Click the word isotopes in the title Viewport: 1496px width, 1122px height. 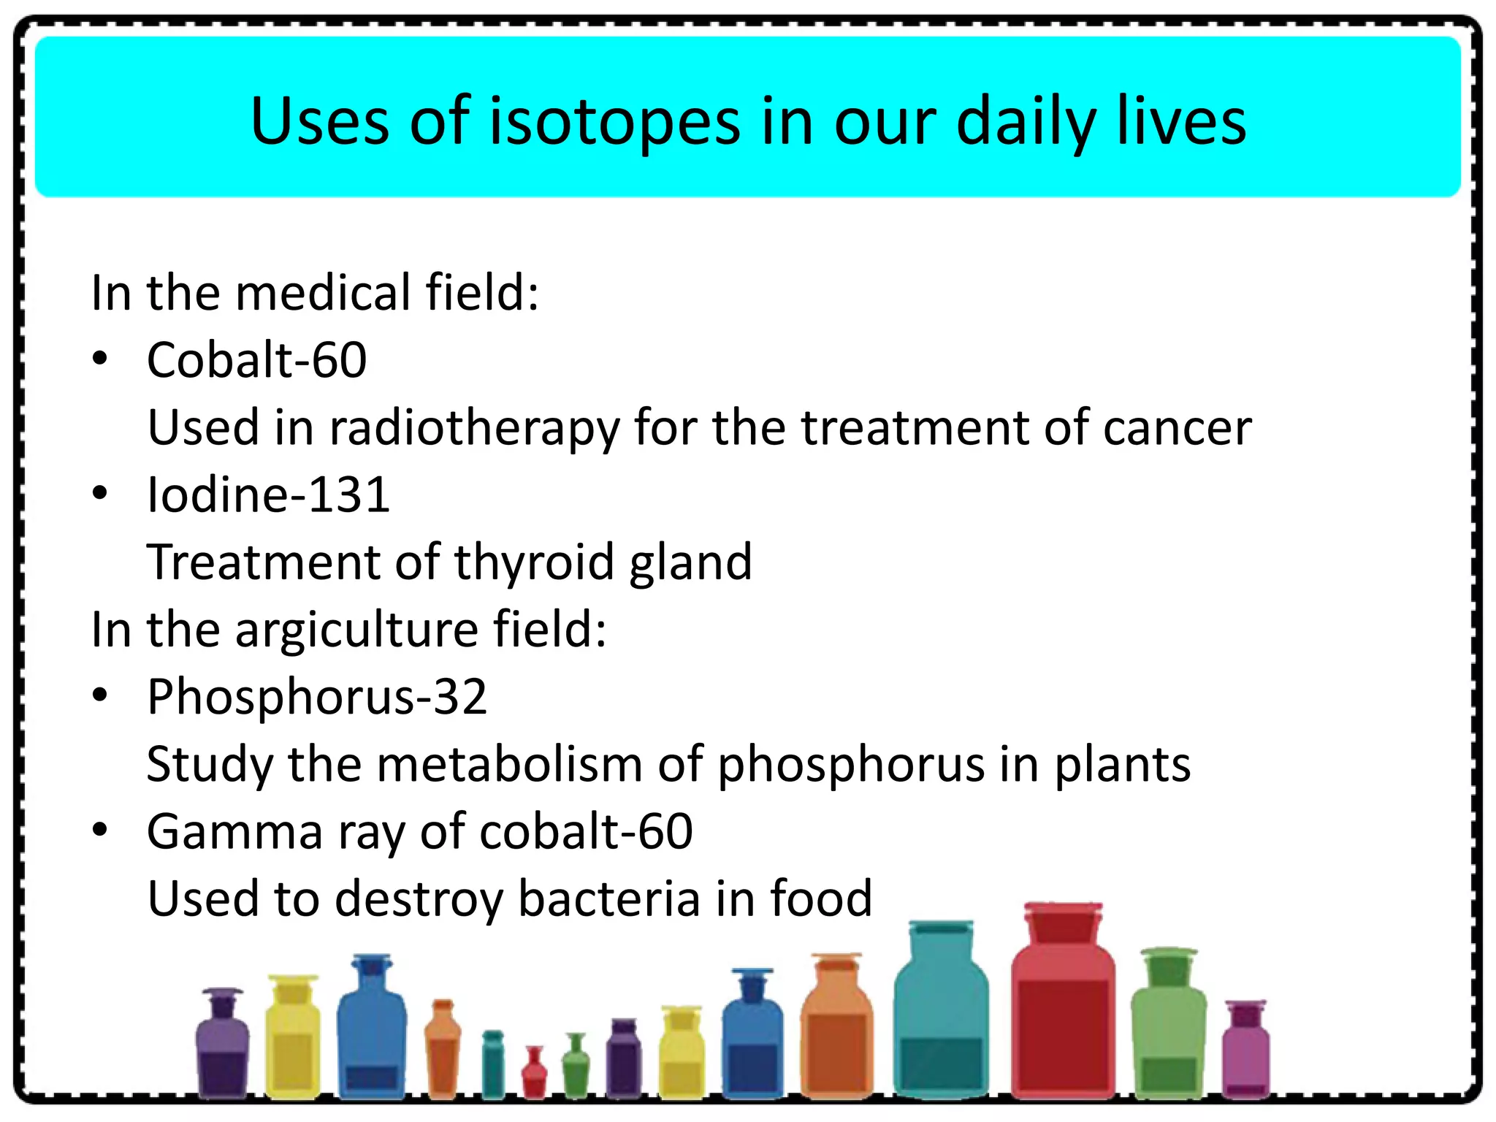pos(614,122)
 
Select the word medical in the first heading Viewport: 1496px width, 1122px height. pos(323,293)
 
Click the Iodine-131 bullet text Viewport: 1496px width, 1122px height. pos(268,495)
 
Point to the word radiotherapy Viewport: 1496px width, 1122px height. pos(473,430)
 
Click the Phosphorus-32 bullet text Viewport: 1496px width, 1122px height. pos(316,697)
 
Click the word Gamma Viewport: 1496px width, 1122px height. pos(234,832)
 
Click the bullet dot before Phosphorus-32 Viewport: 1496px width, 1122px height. pos(100,695)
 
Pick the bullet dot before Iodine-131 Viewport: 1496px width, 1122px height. pos(100,494)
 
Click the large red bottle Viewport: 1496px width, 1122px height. pos(1063,1023)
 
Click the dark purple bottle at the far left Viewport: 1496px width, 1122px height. pos(222,1052)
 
